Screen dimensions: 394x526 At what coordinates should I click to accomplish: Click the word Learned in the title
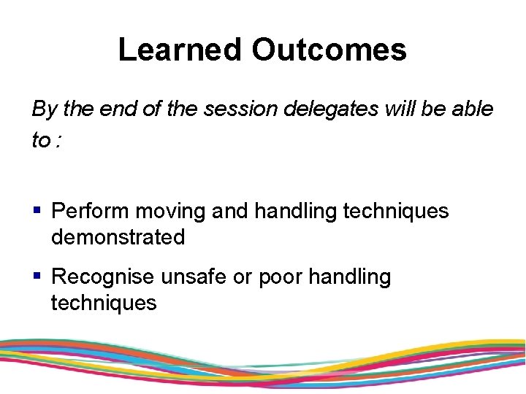(x=180, y=50)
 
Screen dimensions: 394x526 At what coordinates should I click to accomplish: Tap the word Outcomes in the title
(x=329, y=50)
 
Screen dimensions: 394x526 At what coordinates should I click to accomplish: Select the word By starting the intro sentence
(x=44, y=110)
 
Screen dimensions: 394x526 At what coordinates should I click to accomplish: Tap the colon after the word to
(x=58, y=141)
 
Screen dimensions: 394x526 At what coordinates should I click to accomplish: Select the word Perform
(x=91, y=212)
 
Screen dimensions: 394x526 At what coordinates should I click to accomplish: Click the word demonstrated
(x=118, y=237)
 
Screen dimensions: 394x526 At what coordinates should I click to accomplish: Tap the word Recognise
(x=103, y=277)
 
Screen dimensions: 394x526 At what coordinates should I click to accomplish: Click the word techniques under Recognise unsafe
(x=104, y=303)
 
